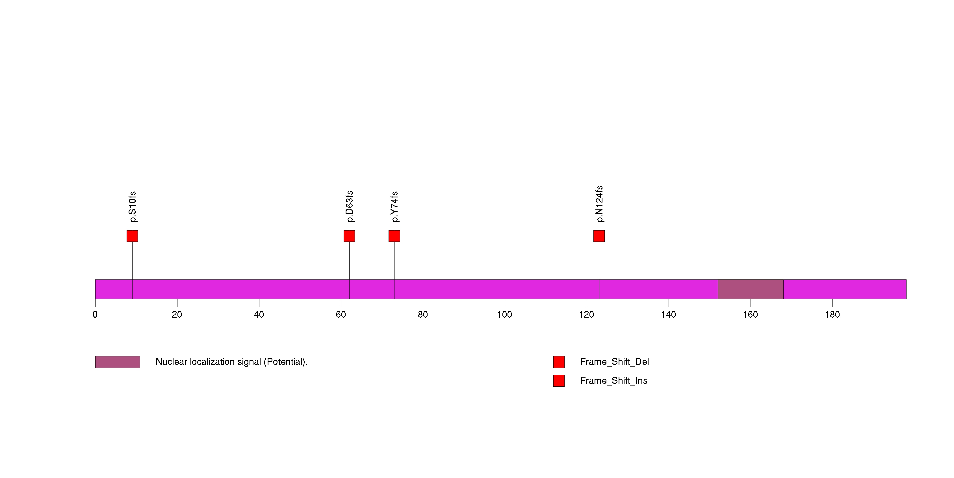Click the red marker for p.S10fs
tap(132, 236)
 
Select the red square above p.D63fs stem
tap(349, 236)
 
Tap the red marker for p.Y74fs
tap(394, 236)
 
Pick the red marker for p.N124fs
tap(599, 236)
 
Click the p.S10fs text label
tap(133, 207)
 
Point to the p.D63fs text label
tap(349, 206)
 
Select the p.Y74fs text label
tap(394, 207)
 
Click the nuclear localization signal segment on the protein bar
tap(750, 289)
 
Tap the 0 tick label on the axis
tap(95, 315)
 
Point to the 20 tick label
tap(177, 315)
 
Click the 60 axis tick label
tap(341, 315)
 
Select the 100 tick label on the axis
tap(504, 315)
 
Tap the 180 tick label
tap(832, 315)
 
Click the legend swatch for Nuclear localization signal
tap(117, 362)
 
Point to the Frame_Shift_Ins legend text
tap(613, 380)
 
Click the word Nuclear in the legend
tap(171, 362)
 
